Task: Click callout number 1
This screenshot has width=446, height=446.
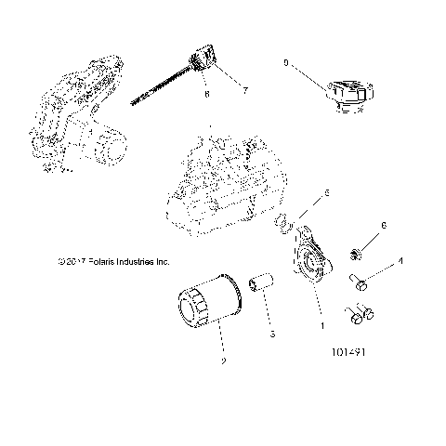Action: coord(321,327)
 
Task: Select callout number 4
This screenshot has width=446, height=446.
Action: coord(400,262)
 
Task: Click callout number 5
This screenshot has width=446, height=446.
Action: coord(299,195)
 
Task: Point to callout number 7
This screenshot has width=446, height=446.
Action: coord(245,90)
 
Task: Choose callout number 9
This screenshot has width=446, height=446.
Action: coord(285,63)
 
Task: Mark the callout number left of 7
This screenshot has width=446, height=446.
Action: coord(206,94)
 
